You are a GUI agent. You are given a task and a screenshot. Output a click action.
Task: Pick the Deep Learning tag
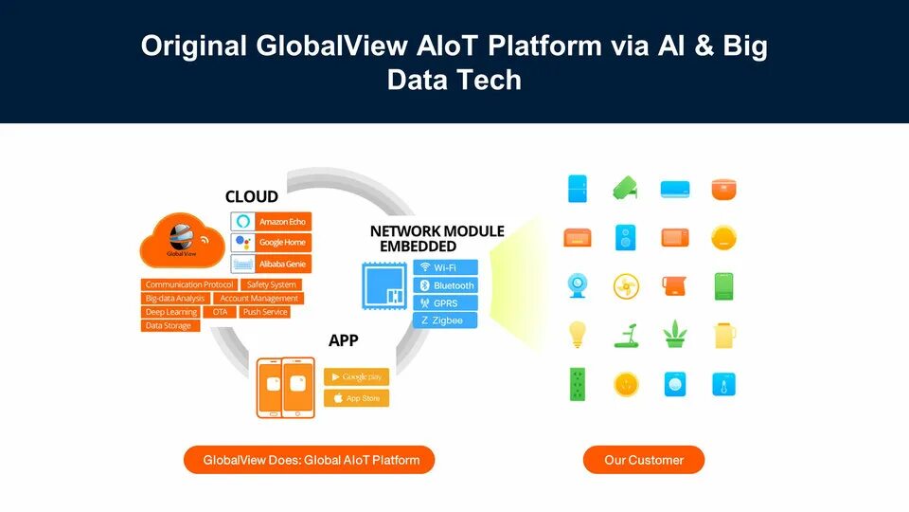pyautogui.click(x=171, y=312)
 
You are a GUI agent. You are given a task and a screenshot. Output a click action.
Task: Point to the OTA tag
pyautogui.click(x=220, y=312)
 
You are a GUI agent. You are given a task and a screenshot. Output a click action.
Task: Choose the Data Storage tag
pyautogui.click(x=169, y=326)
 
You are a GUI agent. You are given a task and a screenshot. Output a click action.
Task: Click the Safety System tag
pyautogui.click(x=272, y=284)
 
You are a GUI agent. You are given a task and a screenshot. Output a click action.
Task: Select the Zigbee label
pyautogui.click(x=446, y=320)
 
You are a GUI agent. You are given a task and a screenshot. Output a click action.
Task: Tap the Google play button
pyautogui.click(x=356, y=376)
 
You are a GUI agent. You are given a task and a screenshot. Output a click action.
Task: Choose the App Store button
pyautogui.click(x=356, y=398)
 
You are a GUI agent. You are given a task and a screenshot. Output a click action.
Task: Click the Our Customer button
pyautogui.click(x=644, y=460)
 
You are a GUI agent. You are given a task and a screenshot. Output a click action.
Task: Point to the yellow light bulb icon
pyautogui.click(x=576, y=334)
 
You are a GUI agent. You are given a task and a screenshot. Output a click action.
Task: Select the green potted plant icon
pyautogui.click(x=674, y=334)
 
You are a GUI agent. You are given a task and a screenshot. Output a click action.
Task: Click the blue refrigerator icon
pyautogui.click(x=577, y=188)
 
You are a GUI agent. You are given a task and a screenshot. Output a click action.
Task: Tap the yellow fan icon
pyautogui.click(x=626, y=285)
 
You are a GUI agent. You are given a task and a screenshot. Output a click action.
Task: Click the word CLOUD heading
pyautogui.click(x=252, y=197)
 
